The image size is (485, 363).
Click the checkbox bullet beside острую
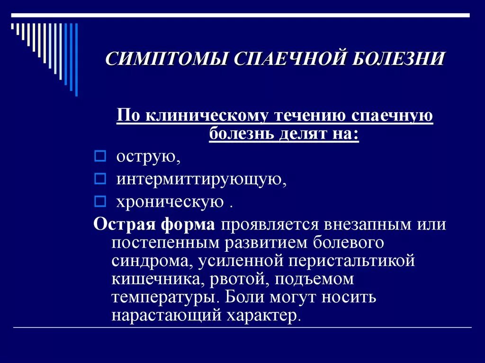(x=99, y=155)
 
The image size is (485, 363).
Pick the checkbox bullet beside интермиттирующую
(x=99, y=179)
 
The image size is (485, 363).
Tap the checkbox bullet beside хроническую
(x=99, y=202)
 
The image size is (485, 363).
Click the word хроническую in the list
(x=170, y=203)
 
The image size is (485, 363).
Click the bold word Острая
(x=124, y=224)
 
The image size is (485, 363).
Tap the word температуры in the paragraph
(x=165, y=298)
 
